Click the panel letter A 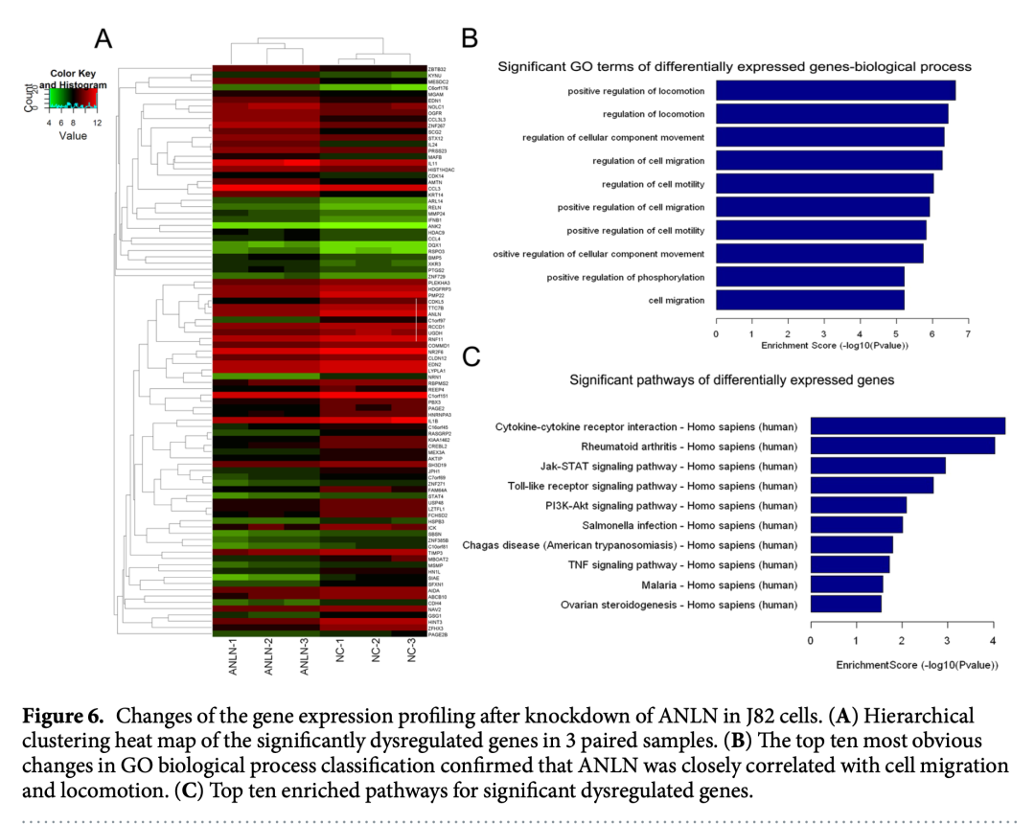(103, 38)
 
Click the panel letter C (471, 357)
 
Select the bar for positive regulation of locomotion (836, 91)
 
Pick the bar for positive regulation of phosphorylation (811, 277)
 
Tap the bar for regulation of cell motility (825, 184)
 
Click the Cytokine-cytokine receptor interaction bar (908, 425)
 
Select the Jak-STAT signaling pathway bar (878, 466)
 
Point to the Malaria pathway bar (846, 584)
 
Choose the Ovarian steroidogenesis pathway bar (845, 604)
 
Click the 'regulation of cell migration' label (648, 161)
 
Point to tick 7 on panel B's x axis (968, 333)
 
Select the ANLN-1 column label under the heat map (234, 657)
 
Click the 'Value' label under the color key (73, 136)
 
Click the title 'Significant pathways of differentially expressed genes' (731, 379)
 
